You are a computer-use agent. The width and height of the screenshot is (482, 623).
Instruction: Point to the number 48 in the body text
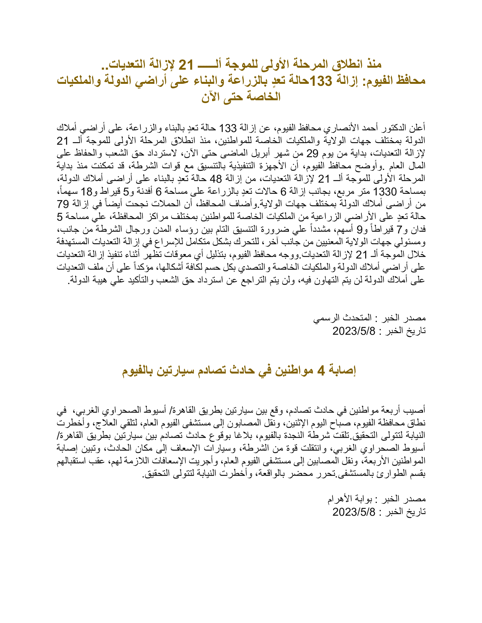click(215, 179)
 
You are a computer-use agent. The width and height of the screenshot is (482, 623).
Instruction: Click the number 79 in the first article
click(63, 204)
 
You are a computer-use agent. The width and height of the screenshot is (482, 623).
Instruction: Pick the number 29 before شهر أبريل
click(312, 154)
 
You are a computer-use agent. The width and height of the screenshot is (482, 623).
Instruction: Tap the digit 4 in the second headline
click(321, 371)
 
